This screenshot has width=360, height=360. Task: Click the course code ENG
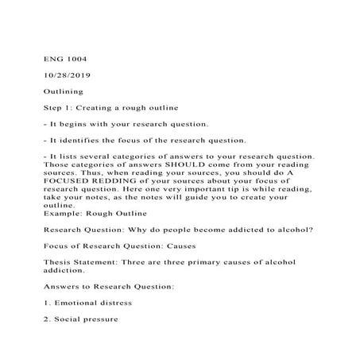coord(52,58)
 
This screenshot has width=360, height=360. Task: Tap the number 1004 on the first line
coord(76,58)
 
